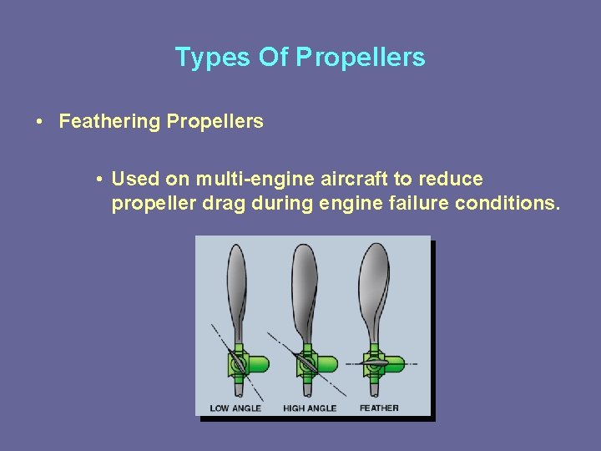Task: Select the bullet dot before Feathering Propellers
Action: pyautogui.click(x=40, y=122)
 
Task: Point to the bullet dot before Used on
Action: pyautogui.click(x=98, y=180)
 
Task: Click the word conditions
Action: pyautogui.click(x=508, y=203)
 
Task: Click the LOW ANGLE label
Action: pyautogui.click(x=235, y=408)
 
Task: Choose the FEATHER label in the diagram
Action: pyautogui.click(x=379, y=408)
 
